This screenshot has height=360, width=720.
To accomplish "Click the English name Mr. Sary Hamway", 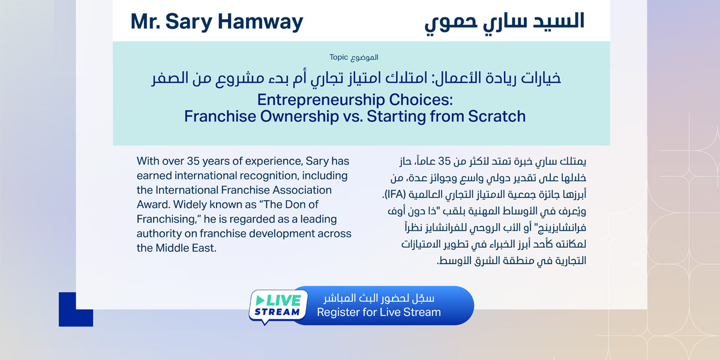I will (217, 22).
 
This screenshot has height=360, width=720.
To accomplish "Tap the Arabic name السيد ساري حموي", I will (504, 22).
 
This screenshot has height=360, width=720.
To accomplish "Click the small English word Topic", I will (338, 58).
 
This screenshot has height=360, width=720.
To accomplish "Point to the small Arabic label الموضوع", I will (365, 58).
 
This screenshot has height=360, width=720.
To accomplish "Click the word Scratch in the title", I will (491, 116).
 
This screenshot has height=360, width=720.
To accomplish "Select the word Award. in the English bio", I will (153, 205).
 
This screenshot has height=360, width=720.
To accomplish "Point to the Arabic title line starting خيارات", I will (356, 79).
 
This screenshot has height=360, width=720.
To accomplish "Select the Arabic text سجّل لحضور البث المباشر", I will (379, 299).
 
